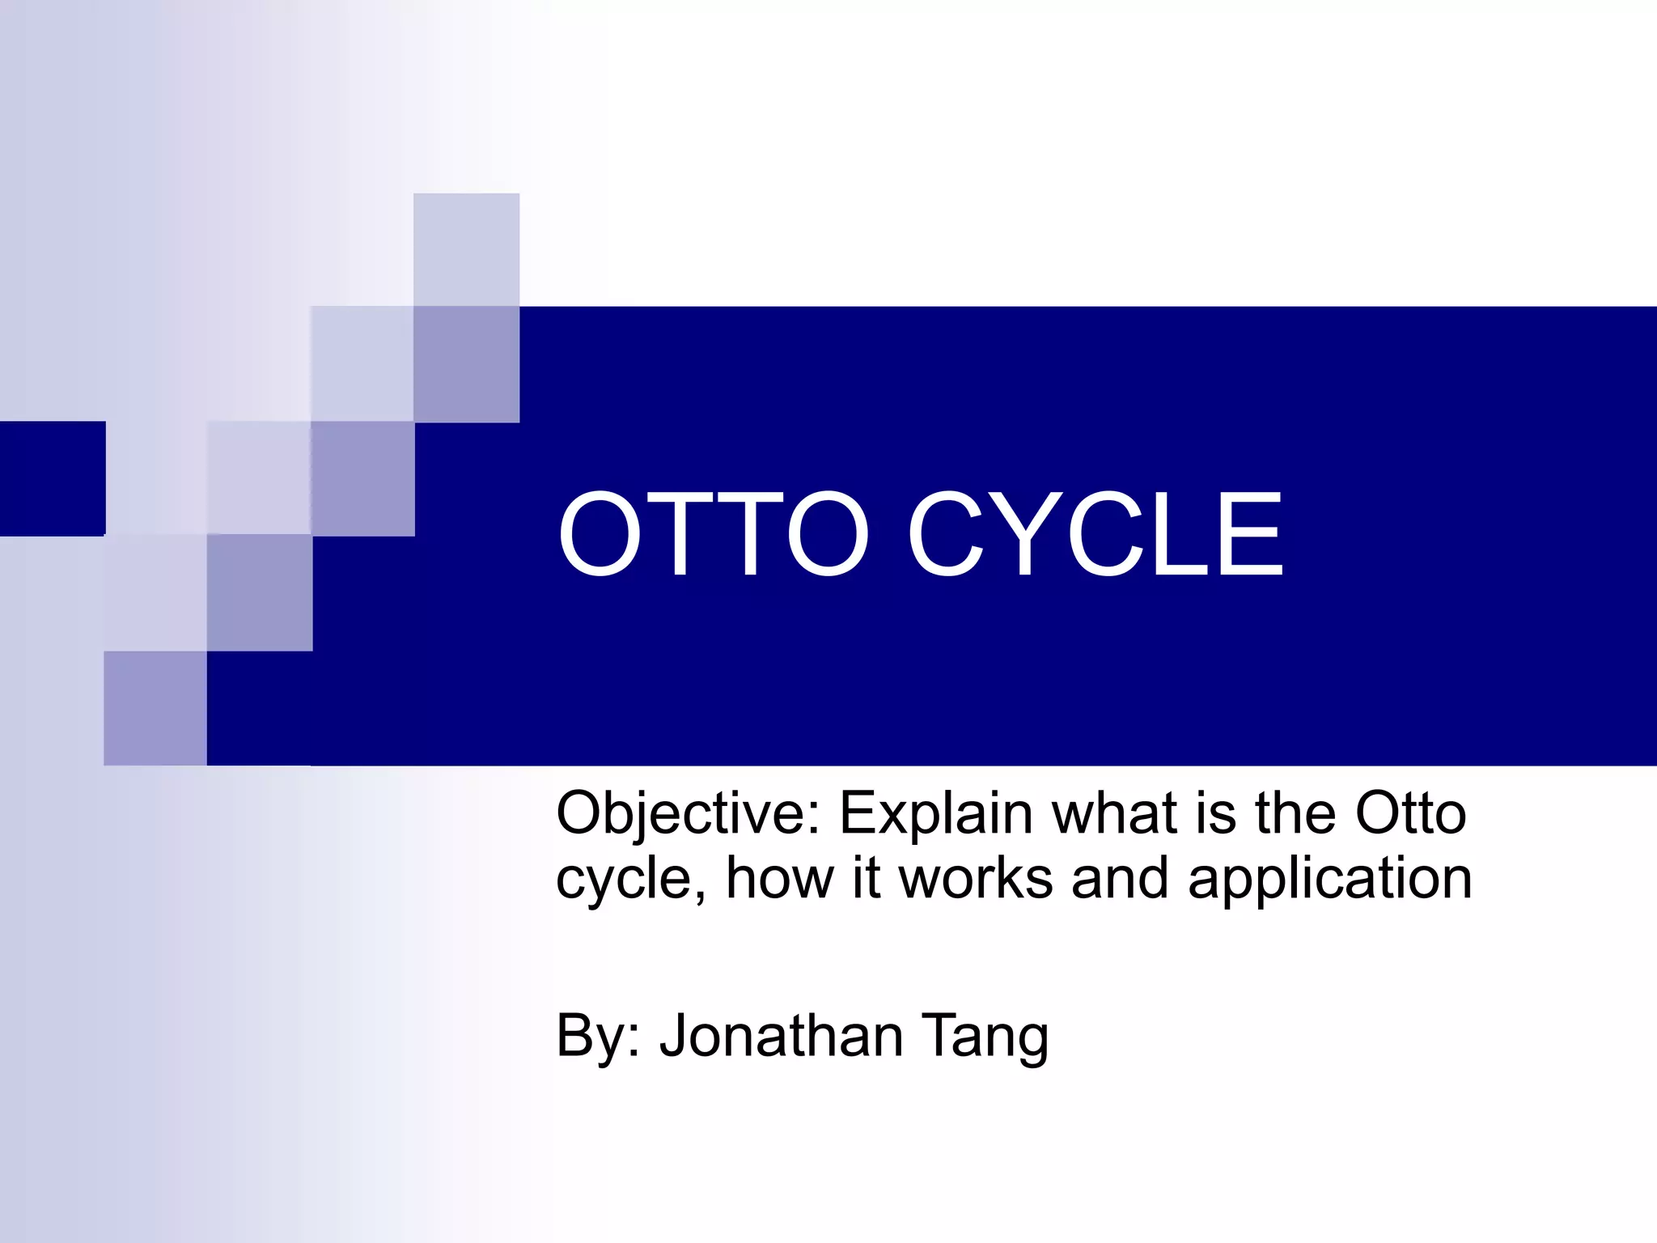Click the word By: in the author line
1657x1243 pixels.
tap(599, 1037)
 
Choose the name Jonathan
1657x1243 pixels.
tap(781, 1035)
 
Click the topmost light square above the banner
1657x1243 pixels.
tap(466, 249)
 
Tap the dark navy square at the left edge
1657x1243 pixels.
tap(53, 478)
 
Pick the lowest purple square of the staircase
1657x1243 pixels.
tap(155, 708)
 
